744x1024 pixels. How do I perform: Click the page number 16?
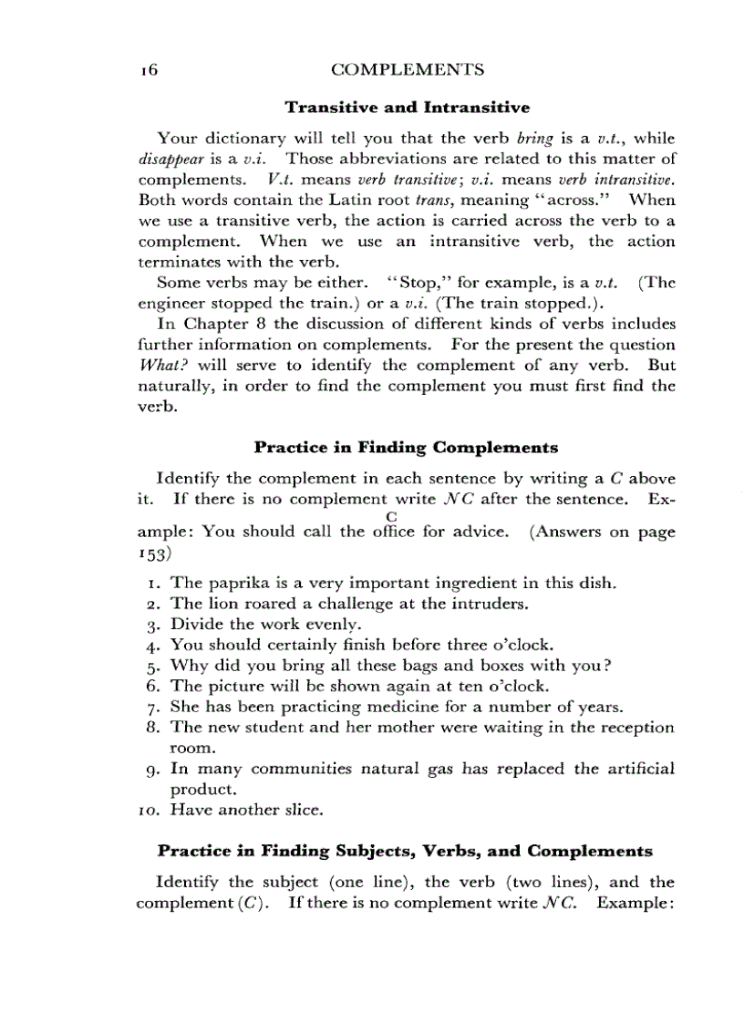[150, 70]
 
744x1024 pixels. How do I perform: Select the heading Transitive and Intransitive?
[407, 108]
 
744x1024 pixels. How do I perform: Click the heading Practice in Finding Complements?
[406, 448]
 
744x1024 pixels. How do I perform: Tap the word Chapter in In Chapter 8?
[212, 324]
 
